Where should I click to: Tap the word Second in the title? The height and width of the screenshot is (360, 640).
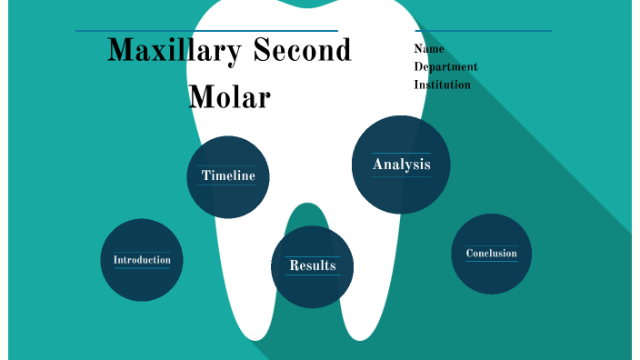pyautogui.click(x=302, y=51)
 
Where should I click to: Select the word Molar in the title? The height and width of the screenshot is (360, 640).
pyautogui.click(x=229, y=95)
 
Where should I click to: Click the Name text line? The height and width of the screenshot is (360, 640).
pyautogui.click(x=429, y=49)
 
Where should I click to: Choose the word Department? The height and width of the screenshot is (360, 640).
pyautogui.click(x=445, y=66)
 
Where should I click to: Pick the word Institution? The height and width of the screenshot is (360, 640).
pyautogui.click(x=442, y=85)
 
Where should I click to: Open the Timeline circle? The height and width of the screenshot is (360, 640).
pyautogui.click(x=228, y=176)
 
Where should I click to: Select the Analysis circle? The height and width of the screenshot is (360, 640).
pyautogui.click(x=401, y=165)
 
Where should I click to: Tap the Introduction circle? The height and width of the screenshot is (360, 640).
pyautogui.click(x=142, y=260)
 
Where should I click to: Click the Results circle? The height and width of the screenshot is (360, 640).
pyautogui.click(x=312, y=266)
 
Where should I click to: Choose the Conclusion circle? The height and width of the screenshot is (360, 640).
pyautogui.click(x=491, y=254)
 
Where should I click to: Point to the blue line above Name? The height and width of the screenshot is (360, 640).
pyautogui.click(x=483, y=31)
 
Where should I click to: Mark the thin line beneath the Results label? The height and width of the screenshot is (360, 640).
pyautogui.click(x=312, y=275)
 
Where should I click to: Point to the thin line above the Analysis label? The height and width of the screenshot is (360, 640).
pyautogui.click(x=401, y=153)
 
